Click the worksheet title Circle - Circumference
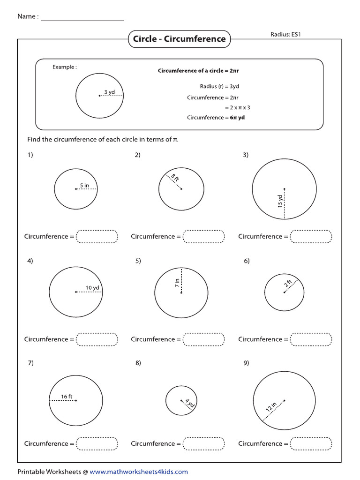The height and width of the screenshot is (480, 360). click(x=179, y=39)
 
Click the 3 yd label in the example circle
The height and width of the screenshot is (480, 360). click(x=110, y=92)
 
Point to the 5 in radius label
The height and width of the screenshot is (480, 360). click(x=84, y=186)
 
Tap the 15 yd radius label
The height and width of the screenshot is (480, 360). click(x=280, y=201)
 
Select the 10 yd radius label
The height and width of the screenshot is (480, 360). click(x=92, y=288)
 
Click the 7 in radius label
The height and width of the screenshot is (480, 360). click(x=177, y=284)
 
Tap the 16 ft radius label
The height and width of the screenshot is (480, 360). click(x=67, y=397)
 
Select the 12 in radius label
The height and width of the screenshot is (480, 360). click(x=271, y=406)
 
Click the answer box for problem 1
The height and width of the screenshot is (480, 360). click(x=97, y=237)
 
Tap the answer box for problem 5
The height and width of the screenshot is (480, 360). click(x=204, y=339)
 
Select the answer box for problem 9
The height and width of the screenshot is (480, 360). click(x=311, y=443)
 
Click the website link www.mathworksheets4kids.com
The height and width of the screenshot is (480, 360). click(x=139, y=472)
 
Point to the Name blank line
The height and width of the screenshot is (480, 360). click(x=83, y=20)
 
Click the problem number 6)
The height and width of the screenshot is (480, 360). click(x=247, y=261)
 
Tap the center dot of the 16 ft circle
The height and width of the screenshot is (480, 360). click(x=76, y=400)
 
